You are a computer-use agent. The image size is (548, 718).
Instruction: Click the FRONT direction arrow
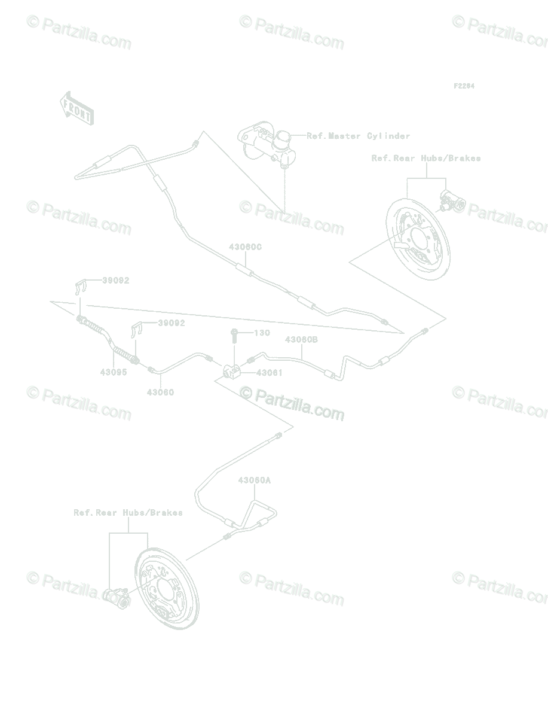click(x=76, y=108)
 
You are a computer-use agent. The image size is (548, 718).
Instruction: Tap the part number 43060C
click(x=246, y=247)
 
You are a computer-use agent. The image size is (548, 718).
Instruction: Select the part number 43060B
click(x=301, y=340)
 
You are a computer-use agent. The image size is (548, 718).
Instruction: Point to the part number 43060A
click(x=255, y=480)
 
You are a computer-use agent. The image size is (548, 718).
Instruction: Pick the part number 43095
click(x=114, y=372)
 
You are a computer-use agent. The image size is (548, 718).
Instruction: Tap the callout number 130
click(x=262, y=333)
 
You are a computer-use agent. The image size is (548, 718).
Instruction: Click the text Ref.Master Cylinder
click(x=359, y=136)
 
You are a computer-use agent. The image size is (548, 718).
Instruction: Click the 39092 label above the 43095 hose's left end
click(x=115, y=280)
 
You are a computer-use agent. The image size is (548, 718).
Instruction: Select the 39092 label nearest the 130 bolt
click(x=172, y=323)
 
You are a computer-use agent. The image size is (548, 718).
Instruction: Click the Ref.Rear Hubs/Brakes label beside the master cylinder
click(x=426, y=159)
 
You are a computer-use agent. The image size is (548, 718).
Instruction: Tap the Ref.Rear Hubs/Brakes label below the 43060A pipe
click(x=128, y=513)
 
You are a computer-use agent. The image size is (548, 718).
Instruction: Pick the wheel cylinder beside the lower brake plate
click(x=115, y=596)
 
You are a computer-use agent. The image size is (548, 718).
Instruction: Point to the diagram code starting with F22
click(x=464, y=86)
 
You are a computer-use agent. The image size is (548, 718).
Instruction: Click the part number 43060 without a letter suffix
click(x=161, y=393)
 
